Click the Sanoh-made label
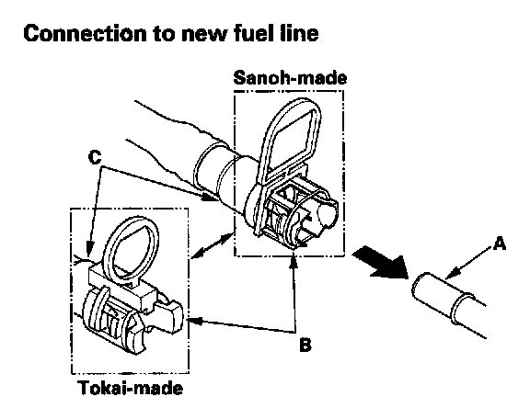tap(290, 77)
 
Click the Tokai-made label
tap(131, 388)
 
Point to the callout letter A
tap(500, 244)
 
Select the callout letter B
tap(305, 345)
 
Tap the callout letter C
tap(95, 156)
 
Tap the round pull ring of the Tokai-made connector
tap(132, 250)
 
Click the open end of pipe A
tap(420, 286)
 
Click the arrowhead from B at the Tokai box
tap(196, 320)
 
